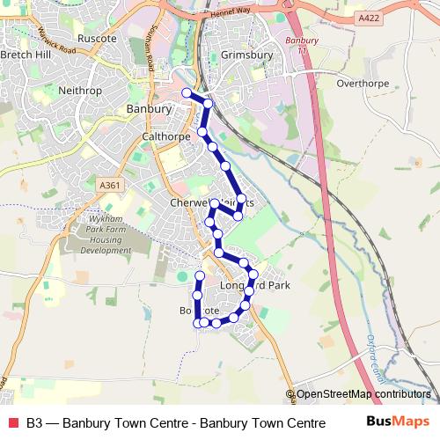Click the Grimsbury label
coord(247,55)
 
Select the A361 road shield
coord(110,186)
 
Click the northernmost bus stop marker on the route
coord(186,93)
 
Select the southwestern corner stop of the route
coord(198,323)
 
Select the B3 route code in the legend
coord(34,422)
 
